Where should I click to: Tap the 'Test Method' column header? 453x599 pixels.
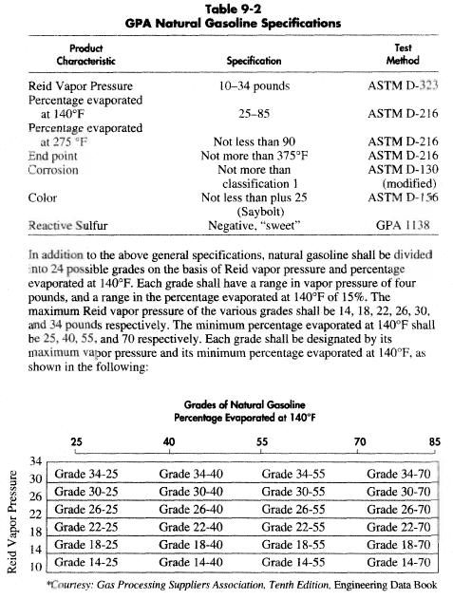click(x=408, y=52)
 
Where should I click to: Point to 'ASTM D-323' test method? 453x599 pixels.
click(x=407, y=85)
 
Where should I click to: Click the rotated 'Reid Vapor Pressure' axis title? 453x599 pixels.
click(x=12, y=518)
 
